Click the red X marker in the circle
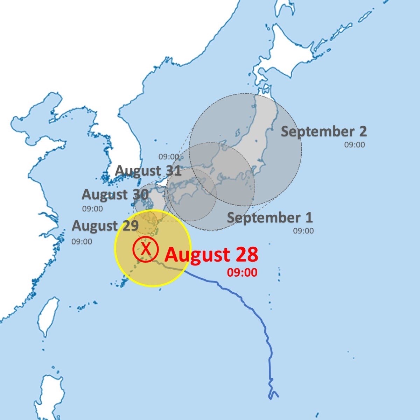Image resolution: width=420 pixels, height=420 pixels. pos(146,249)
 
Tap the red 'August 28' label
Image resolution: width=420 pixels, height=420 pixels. pos(211,255)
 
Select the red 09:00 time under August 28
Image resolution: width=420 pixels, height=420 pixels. pos(242,272)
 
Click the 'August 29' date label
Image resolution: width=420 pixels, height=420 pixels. pos(105,226)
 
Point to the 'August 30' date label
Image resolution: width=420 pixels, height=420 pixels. pos(115,194)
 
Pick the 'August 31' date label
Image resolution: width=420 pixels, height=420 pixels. pos(148,171)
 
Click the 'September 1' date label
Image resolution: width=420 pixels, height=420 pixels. pos(270,218)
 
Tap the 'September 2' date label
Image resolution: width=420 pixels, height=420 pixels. pos(324,131)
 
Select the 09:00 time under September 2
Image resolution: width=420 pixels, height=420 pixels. pos(354,144)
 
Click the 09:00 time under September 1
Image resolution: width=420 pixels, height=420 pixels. pos(303,231)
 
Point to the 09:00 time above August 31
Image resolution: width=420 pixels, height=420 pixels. pos(169,157)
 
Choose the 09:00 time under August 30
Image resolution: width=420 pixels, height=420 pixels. pos(92,209)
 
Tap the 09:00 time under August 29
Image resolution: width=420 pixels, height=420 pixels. pos(82,242)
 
